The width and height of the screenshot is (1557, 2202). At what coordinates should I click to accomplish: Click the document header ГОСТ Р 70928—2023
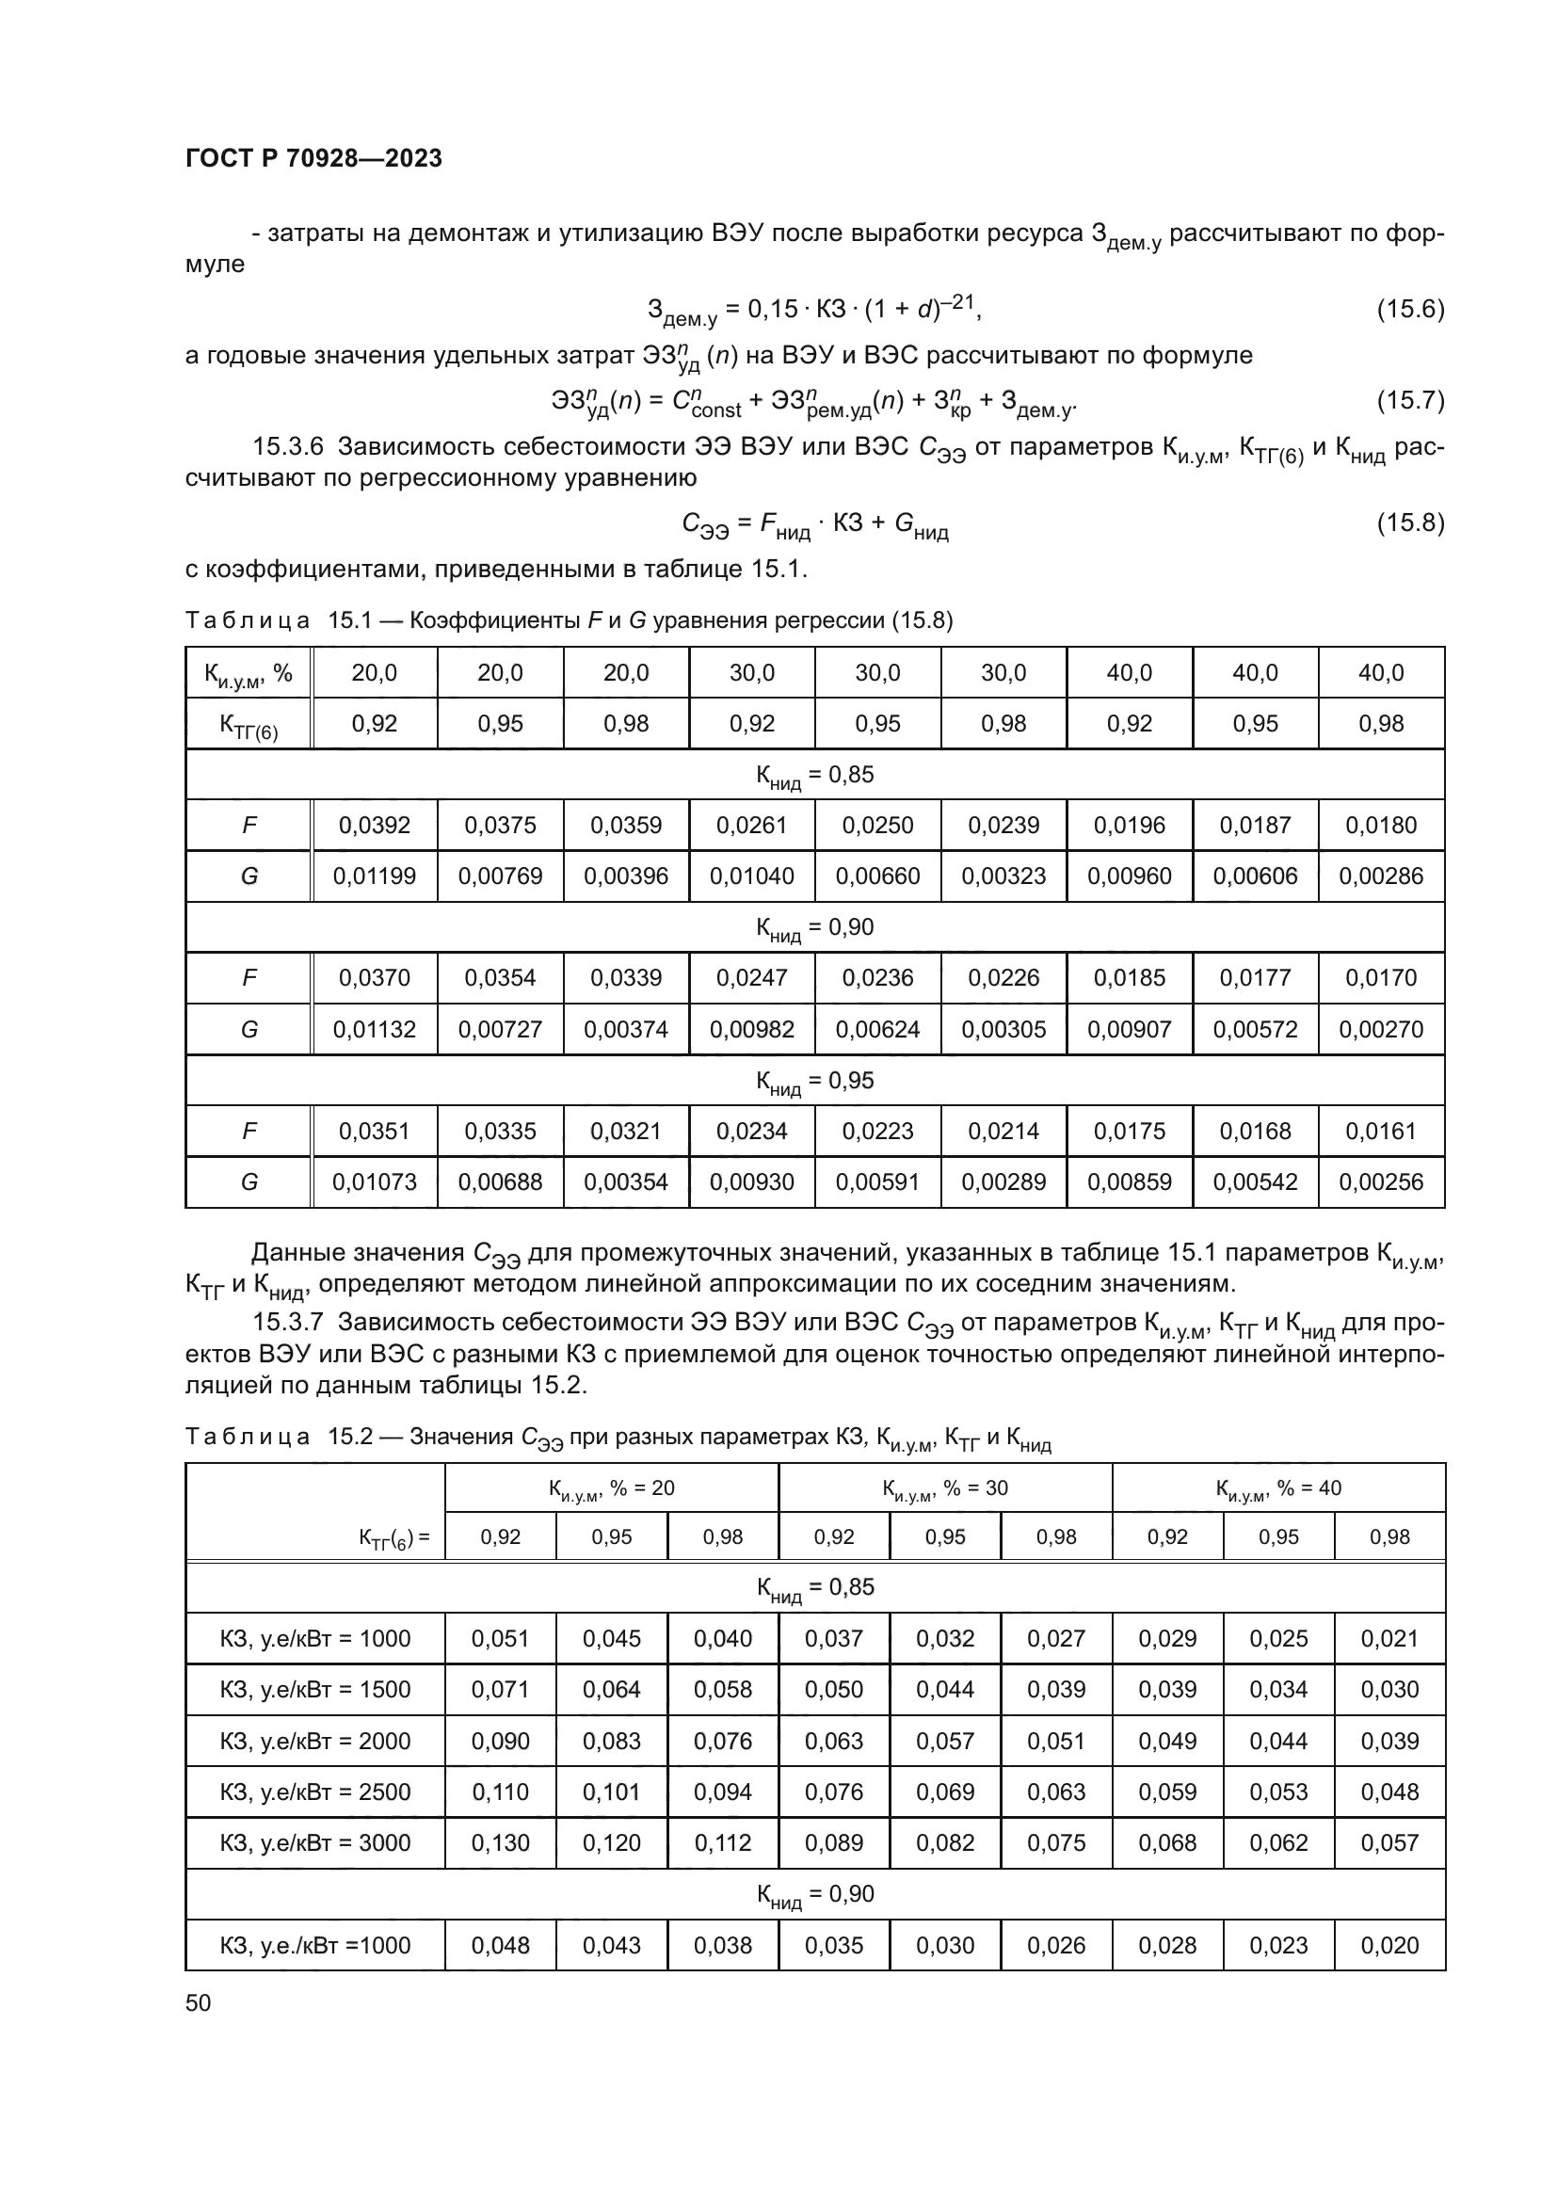tap(313, 158)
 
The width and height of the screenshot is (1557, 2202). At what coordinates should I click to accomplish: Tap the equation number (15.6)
tap(1409, 309)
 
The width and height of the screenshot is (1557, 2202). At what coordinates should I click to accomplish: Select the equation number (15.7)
tap(1409, 400)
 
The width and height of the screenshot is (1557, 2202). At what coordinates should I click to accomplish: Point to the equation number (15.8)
tap(1409, 522)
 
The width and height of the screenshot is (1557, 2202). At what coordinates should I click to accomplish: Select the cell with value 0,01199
tap(374, 876)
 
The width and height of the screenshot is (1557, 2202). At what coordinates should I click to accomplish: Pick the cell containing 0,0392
tap(374, 825)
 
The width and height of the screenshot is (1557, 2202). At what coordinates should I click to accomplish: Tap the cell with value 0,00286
tap(1381, 876)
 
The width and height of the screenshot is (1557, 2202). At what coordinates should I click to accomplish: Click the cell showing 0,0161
tap(1381, 1131)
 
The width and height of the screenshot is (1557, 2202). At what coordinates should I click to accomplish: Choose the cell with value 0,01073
tap(374, 1181)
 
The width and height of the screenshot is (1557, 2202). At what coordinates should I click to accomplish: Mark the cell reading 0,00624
tap(877, 1029)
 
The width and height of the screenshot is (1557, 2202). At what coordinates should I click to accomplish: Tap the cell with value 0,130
tap(501, 1842)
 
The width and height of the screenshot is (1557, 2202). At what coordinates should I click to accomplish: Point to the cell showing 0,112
tap(722, 1842)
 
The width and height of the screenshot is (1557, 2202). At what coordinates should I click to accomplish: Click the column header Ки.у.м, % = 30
tap(944, 1488)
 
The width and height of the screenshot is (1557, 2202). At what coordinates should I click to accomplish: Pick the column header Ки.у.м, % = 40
tap(1278, 1488)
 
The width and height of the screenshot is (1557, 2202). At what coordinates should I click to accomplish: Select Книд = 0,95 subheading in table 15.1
tap(815, 1081)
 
